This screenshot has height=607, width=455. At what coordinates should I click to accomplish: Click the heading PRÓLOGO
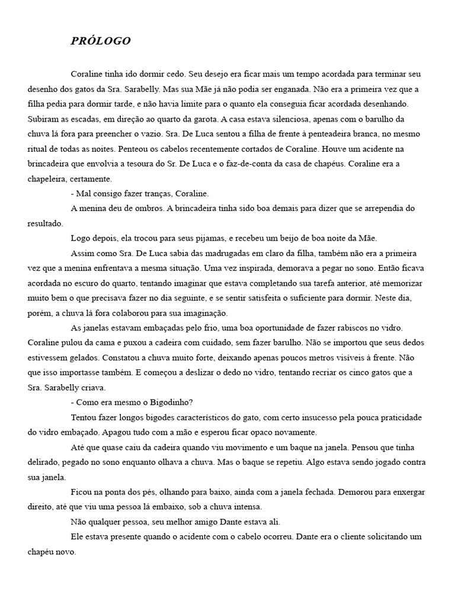pos(101,41)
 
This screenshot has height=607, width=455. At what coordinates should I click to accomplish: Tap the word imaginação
pos(206,313)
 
